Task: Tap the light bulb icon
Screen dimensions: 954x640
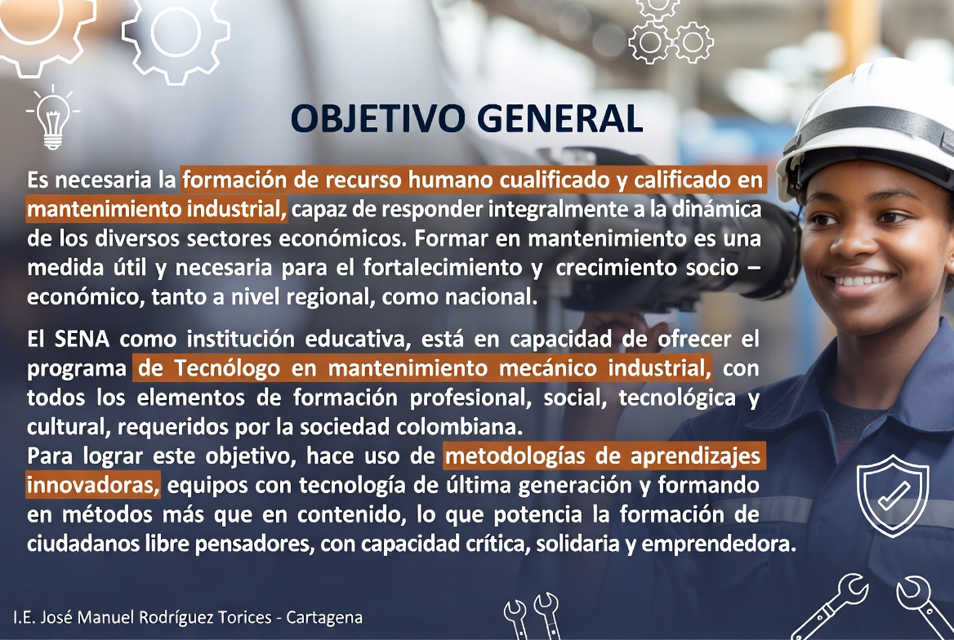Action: tap(53, 118)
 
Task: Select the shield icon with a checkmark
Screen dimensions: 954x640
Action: tap(893, 496)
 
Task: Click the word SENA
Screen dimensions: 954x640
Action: tap(82, 339)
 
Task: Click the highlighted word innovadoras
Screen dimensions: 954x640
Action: tap(93, 486)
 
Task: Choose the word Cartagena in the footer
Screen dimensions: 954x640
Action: tap(324, 617)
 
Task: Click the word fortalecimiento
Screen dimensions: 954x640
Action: tap(443, 268)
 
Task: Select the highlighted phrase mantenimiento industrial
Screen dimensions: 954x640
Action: tap(157, 209)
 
